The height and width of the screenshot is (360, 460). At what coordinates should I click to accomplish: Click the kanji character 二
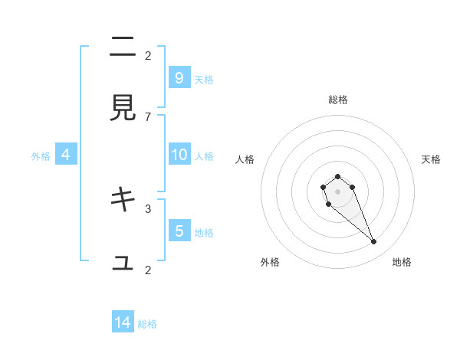[123, 47]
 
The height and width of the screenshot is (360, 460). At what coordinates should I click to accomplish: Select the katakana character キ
[123, 200]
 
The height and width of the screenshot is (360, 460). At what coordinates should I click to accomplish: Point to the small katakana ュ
[123, 263]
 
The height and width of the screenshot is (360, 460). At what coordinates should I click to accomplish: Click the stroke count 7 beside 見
[148, 116]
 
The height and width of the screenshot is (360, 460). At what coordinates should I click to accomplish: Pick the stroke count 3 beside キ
[148, 208]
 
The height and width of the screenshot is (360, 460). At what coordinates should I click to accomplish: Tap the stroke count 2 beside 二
[148, 55]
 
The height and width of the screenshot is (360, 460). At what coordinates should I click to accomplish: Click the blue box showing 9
[179, 77]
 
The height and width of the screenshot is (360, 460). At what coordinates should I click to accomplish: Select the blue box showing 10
[179, 155]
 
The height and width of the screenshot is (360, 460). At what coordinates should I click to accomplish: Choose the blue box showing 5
[179, 231]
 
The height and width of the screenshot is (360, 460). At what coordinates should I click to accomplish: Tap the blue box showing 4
[66, 155]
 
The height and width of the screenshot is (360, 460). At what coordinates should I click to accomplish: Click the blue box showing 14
[123, 322]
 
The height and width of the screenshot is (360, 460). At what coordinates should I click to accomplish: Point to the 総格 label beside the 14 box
[147, 324]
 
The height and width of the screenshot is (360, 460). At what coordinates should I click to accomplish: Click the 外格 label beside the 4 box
[41, 156]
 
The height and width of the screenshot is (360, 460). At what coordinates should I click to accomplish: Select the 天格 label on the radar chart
[431, 159]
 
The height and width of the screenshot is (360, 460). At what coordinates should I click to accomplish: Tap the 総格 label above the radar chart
[337, 100]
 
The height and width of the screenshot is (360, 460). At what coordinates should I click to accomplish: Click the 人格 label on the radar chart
[245, 159]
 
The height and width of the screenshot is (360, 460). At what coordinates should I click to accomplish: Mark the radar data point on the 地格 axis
[374, 242]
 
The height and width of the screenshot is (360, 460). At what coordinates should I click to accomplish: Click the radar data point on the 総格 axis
[337, 176]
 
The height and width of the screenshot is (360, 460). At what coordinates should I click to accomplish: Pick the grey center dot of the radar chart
[337, 191]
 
